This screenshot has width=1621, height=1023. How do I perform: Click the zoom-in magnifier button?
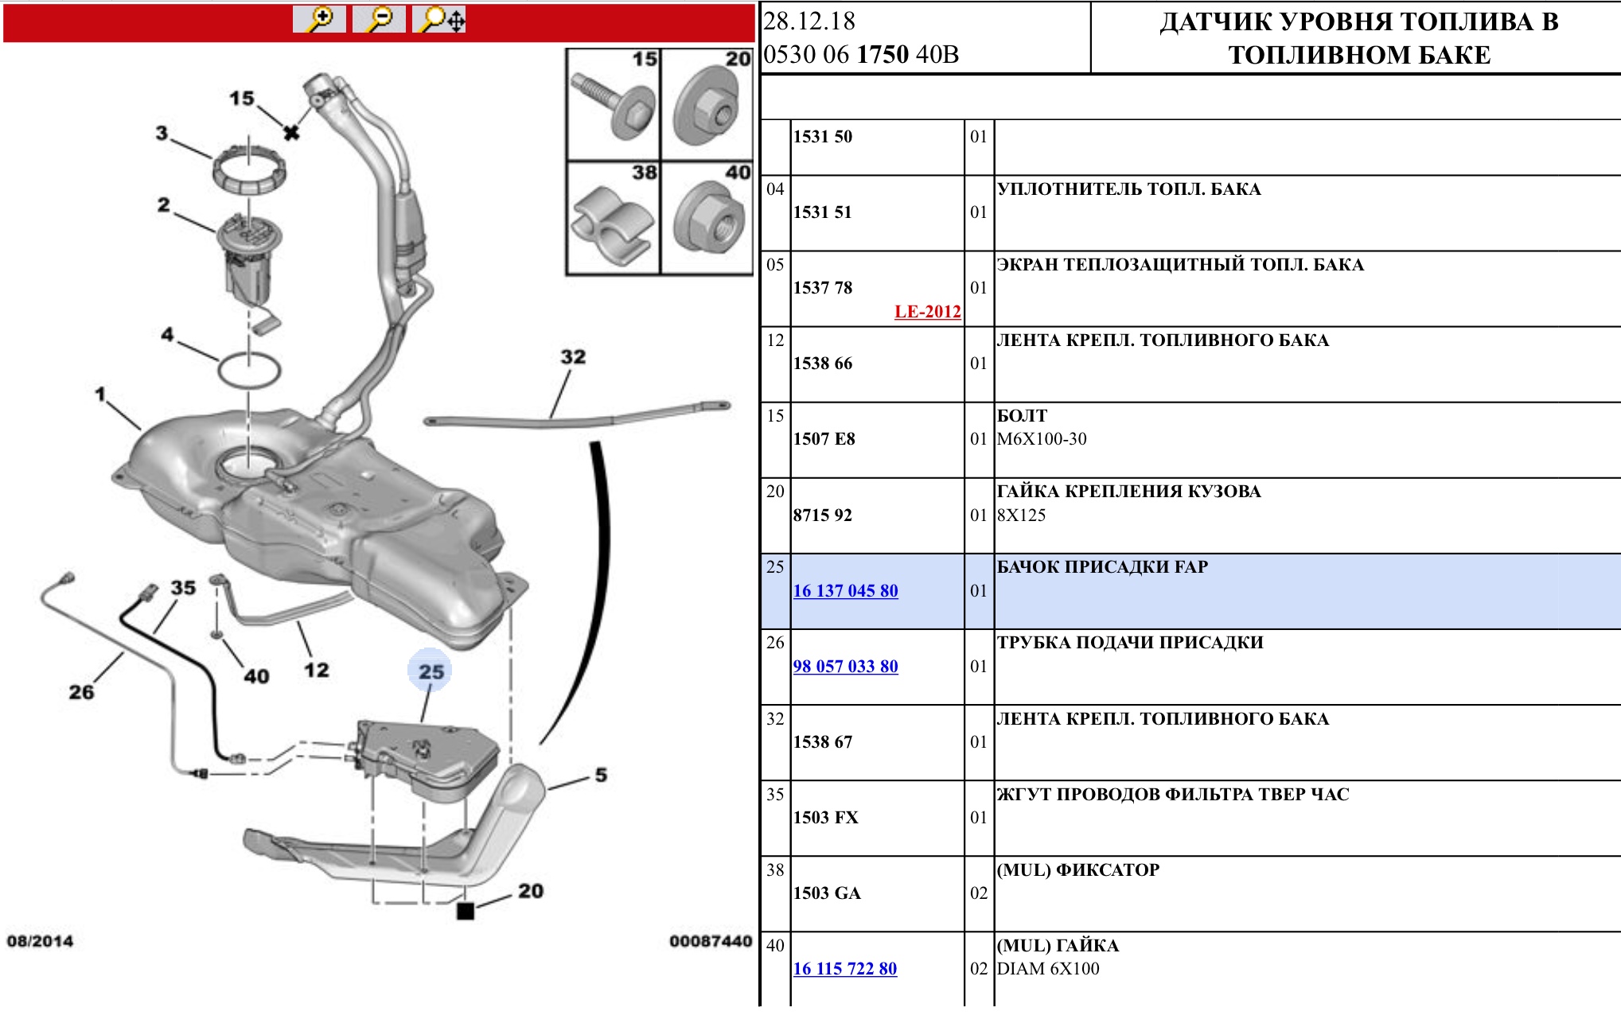319,19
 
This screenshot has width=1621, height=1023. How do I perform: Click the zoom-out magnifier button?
379,19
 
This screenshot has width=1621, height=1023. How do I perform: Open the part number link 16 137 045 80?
845,591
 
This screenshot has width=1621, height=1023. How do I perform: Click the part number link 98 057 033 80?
845,667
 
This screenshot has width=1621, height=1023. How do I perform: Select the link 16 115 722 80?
844,969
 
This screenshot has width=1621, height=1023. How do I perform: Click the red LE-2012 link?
927,312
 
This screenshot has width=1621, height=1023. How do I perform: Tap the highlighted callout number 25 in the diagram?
431,672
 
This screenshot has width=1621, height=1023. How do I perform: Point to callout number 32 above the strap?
573,357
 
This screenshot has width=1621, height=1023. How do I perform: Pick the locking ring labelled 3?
249,167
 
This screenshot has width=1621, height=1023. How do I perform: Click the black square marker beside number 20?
466,911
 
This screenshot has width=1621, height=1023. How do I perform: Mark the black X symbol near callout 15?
292,133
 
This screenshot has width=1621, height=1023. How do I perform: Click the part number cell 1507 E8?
824,439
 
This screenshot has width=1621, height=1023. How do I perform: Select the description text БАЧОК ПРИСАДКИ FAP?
1102,567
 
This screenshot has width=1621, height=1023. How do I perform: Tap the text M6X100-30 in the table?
1042,439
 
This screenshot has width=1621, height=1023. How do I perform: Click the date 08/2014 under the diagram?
40,942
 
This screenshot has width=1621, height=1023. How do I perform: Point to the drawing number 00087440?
710,942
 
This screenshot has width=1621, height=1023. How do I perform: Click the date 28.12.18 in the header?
809,21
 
